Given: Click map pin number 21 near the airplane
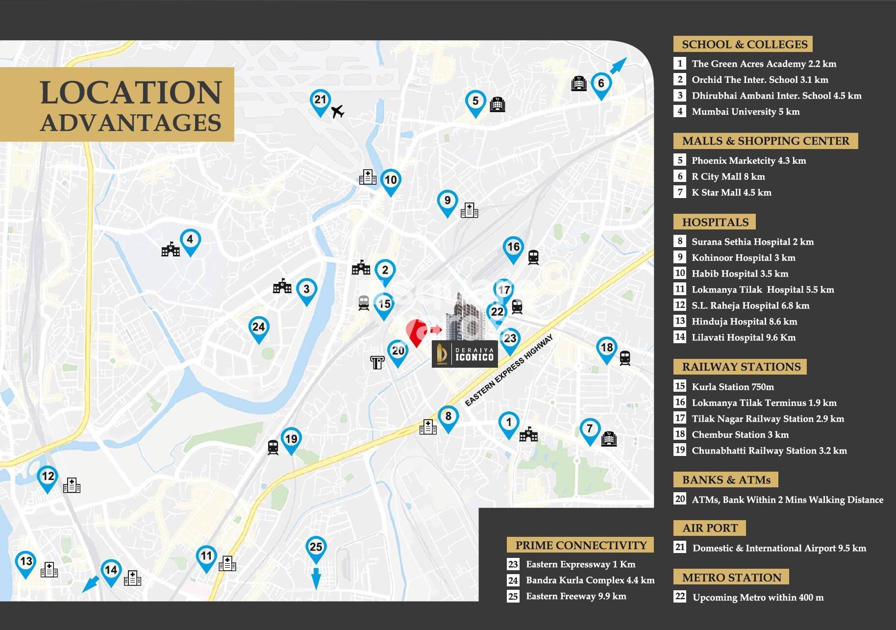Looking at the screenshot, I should click(x=320, y=101).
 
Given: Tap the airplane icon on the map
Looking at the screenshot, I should click(x=337, y=112).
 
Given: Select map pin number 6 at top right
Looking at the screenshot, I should click(x=601, y=84).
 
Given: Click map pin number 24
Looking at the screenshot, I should click(x=258, y=328).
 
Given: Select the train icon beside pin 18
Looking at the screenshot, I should click(x=624, y=357).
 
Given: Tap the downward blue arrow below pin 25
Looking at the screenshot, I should click(x=316, y=578).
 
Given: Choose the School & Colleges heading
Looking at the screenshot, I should click(x=744, y=44).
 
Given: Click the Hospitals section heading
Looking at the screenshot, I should click(x=715, y=222).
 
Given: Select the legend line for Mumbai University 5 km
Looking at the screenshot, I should click(x=745, y=112).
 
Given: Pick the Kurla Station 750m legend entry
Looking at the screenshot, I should click(x=732, y=387).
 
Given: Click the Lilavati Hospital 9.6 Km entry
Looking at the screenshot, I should click(x=743, y=337).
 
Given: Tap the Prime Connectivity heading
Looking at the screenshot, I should click(x=580, y=545).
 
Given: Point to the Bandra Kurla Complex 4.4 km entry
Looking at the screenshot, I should click(x=590, y=580).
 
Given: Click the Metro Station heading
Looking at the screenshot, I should click(x=731, y=578).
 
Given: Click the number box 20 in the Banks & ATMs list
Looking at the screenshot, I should click(x=680, y=499).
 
